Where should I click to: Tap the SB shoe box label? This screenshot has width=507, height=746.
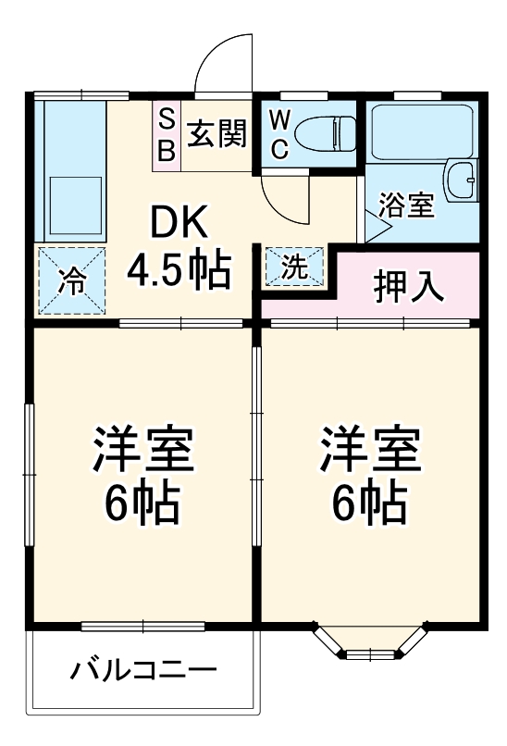167,135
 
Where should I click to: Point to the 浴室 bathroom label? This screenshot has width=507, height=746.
405,205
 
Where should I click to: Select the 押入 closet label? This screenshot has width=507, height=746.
409,286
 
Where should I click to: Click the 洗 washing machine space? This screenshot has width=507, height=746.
293,267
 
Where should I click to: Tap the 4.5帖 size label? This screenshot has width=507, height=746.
178,270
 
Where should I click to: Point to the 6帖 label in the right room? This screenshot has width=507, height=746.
370,503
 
